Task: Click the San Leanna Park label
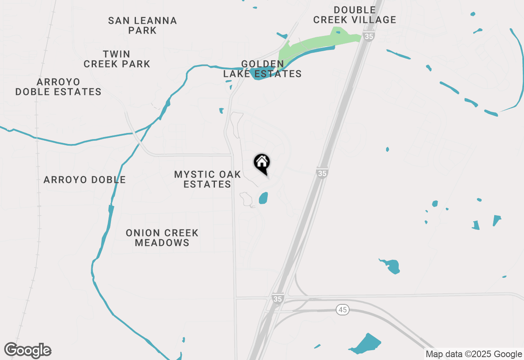tap(142, 25)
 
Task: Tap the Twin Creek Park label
tap(117, 59)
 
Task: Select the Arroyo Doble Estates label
tap(59, 87)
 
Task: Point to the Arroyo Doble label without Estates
tap(85, 180)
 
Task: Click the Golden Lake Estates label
tap(262, 69)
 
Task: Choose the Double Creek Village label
tap(355, 15)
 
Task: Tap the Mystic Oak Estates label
tap(208, 179)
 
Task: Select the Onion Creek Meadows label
tap(162, 238)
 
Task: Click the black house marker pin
tap(262, 163)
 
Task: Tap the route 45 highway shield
tap(343, 310)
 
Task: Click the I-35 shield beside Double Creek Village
tap(369, 36)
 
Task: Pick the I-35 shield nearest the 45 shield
tap(278, 299)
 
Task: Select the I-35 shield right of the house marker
tap(322, 173)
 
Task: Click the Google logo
tap(28, 350)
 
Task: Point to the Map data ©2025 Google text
tap(473, 354)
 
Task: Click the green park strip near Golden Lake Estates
tap(315, 44)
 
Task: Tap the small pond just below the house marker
tap(263, 198)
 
